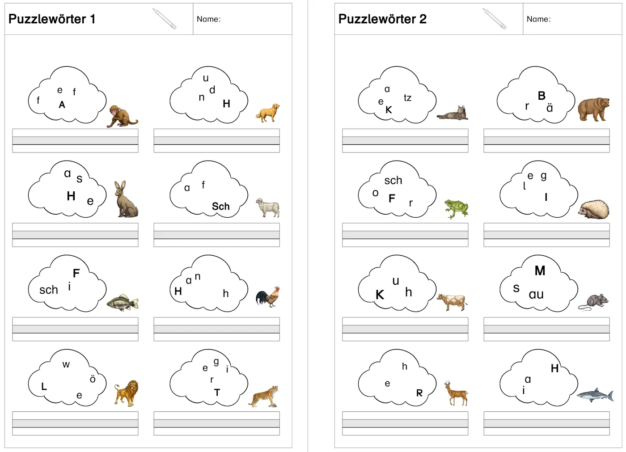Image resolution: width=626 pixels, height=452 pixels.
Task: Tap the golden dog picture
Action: (268, 113)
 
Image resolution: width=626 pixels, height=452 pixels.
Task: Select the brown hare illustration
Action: (126, 199)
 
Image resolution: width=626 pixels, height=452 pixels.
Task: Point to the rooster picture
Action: (268, 297)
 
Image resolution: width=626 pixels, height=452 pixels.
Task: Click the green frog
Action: (457, 209)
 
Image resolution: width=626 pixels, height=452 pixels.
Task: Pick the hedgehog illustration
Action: (594, 209)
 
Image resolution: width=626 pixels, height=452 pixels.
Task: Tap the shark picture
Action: (595, 395)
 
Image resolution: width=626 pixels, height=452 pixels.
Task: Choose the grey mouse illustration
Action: (593, 302)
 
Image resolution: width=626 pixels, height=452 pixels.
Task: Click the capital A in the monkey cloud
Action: (62, 105)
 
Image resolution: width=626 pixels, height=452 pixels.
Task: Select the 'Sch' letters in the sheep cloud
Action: (221, 207)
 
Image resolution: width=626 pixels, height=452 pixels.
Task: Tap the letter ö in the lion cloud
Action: (93, 379)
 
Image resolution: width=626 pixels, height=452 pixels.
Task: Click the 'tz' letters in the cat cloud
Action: (407, 98)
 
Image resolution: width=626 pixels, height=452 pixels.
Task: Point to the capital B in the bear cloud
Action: (541, 96)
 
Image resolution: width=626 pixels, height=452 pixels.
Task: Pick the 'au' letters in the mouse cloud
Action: (536, 295)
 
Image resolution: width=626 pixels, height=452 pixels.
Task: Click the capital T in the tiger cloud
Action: (217, 393)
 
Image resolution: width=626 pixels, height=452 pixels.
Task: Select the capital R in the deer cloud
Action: (419, 393)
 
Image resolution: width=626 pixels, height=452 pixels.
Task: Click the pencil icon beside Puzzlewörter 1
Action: (165, 19)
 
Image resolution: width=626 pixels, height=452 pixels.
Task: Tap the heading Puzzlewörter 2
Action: (382, 19)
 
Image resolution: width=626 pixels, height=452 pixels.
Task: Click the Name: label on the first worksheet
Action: (209, 19)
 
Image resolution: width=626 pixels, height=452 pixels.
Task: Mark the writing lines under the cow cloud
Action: (405, 329)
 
